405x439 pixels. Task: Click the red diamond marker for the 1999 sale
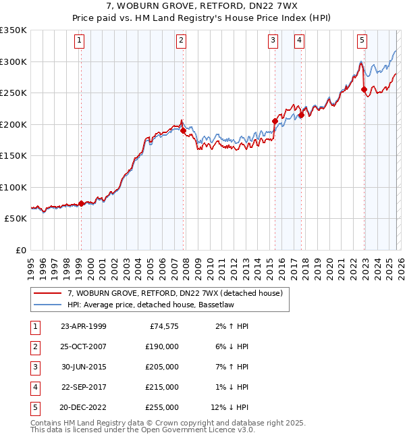[82, 203]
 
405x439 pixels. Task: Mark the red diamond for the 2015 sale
[275, 122]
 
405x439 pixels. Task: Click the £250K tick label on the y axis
[13, 93]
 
